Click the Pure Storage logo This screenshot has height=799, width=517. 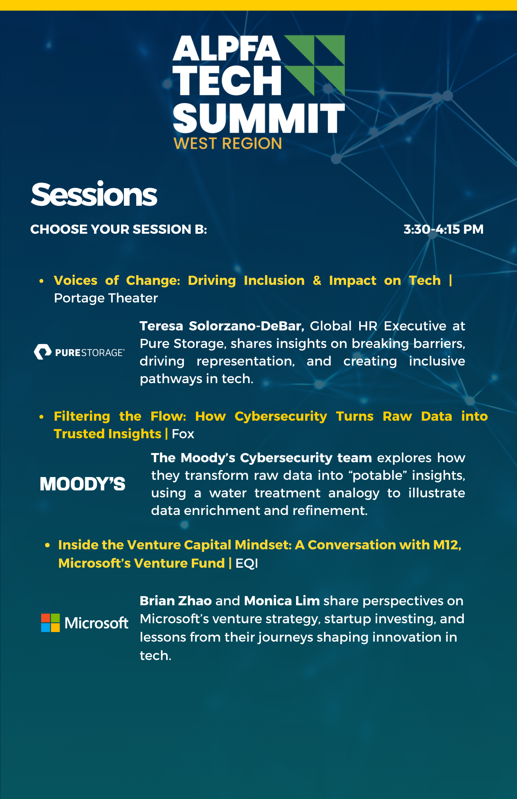79,352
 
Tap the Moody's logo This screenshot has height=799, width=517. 83,484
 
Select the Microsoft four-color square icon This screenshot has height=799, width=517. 50,623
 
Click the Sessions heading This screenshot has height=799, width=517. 94,195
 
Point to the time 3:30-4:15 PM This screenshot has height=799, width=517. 443,229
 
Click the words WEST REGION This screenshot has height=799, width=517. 228,143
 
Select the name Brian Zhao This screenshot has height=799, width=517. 176,601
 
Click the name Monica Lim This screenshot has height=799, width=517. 282,601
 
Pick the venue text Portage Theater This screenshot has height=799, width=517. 106,298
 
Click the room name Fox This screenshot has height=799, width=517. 183,434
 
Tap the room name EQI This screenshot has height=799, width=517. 247,563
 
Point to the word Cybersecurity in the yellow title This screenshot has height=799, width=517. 281,417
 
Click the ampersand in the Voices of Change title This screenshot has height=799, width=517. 317,280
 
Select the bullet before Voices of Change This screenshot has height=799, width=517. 41,281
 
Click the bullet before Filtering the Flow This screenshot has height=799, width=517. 41,417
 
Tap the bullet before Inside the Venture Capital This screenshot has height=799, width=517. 48,545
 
